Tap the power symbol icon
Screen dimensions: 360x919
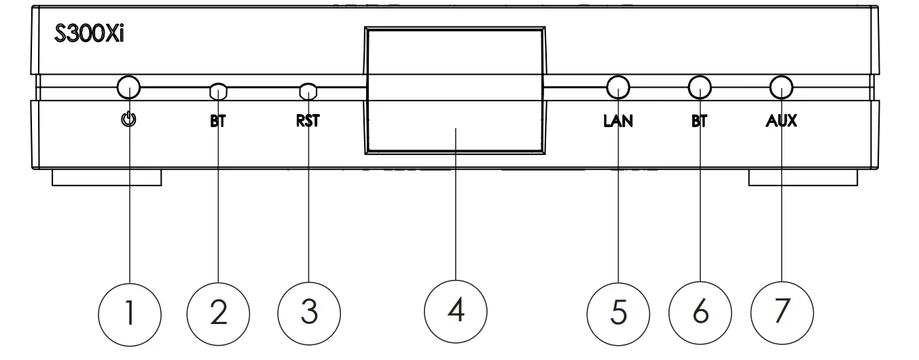(x=128, y=121)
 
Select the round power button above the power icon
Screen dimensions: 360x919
(x=128, y=87)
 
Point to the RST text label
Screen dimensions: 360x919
(x=308, y=122)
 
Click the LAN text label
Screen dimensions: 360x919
(x=617, y=122)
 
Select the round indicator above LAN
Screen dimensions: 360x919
(x=617, y=87)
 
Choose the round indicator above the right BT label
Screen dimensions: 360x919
(x=700, y=87)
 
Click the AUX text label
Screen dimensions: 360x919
(x=781, y=122)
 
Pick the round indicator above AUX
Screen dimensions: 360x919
(x=781, y=87)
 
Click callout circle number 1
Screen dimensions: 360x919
(x=129, y=313)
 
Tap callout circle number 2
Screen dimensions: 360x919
(x=218, y=313)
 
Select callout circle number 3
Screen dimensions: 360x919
(x=309, y=313)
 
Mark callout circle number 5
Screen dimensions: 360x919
(x=617, y=313)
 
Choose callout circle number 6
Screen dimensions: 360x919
(x=700, y=313)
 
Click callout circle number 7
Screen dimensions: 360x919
(x=781, y=313)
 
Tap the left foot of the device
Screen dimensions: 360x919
(x=107, y=178)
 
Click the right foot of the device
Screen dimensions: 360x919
(x=803, y=178)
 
